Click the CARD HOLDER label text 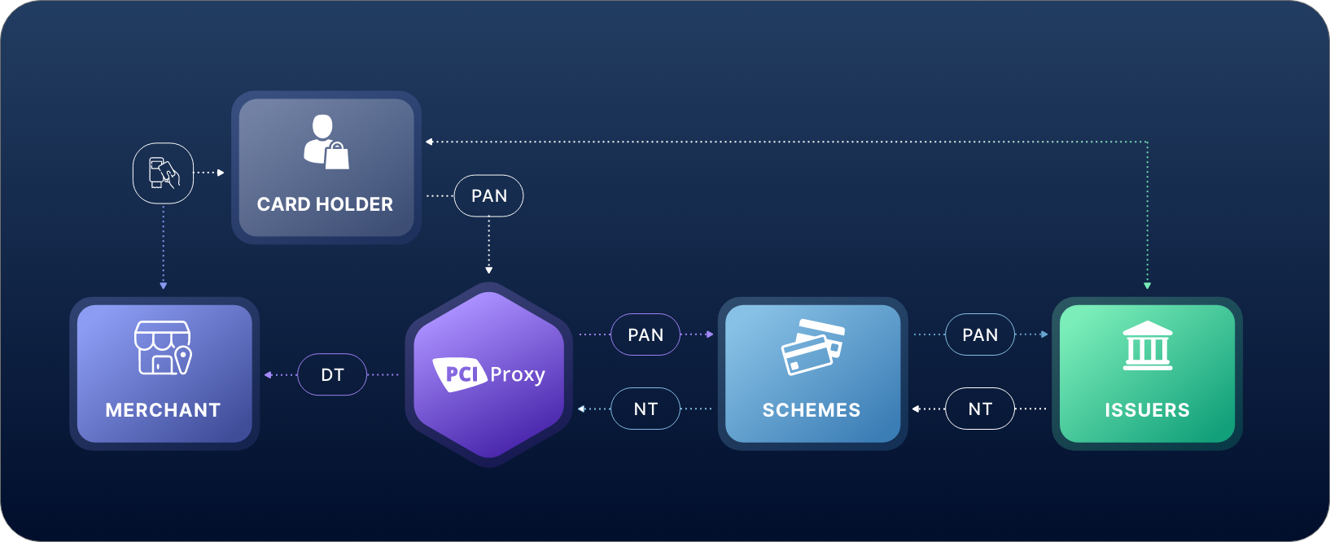coord(325,204)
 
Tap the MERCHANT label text coord(164,410)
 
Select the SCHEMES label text coord(812,410)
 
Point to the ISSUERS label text coord(1147,410)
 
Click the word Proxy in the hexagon coord(518,375)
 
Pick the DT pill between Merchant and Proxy coord(332,374)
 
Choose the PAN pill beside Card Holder coord(488,196)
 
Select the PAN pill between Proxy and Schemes coord(645,334)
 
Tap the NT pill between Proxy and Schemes coord(645,409)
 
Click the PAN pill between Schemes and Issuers coord(980,334)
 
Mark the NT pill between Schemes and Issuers coord(980,409)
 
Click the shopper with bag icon coord(326,142)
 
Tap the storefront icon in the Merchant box coord(164,347)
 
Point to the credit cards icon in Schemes coord(812,347)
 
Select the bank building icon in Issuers coord(1148,346)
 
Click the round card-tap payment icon coord(164,173)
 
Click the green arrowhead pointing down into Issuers coord(1147,286)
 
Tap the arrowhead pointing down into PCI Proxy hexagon coord(488,270)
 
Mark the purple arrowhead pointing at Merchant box coord(268,374)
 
